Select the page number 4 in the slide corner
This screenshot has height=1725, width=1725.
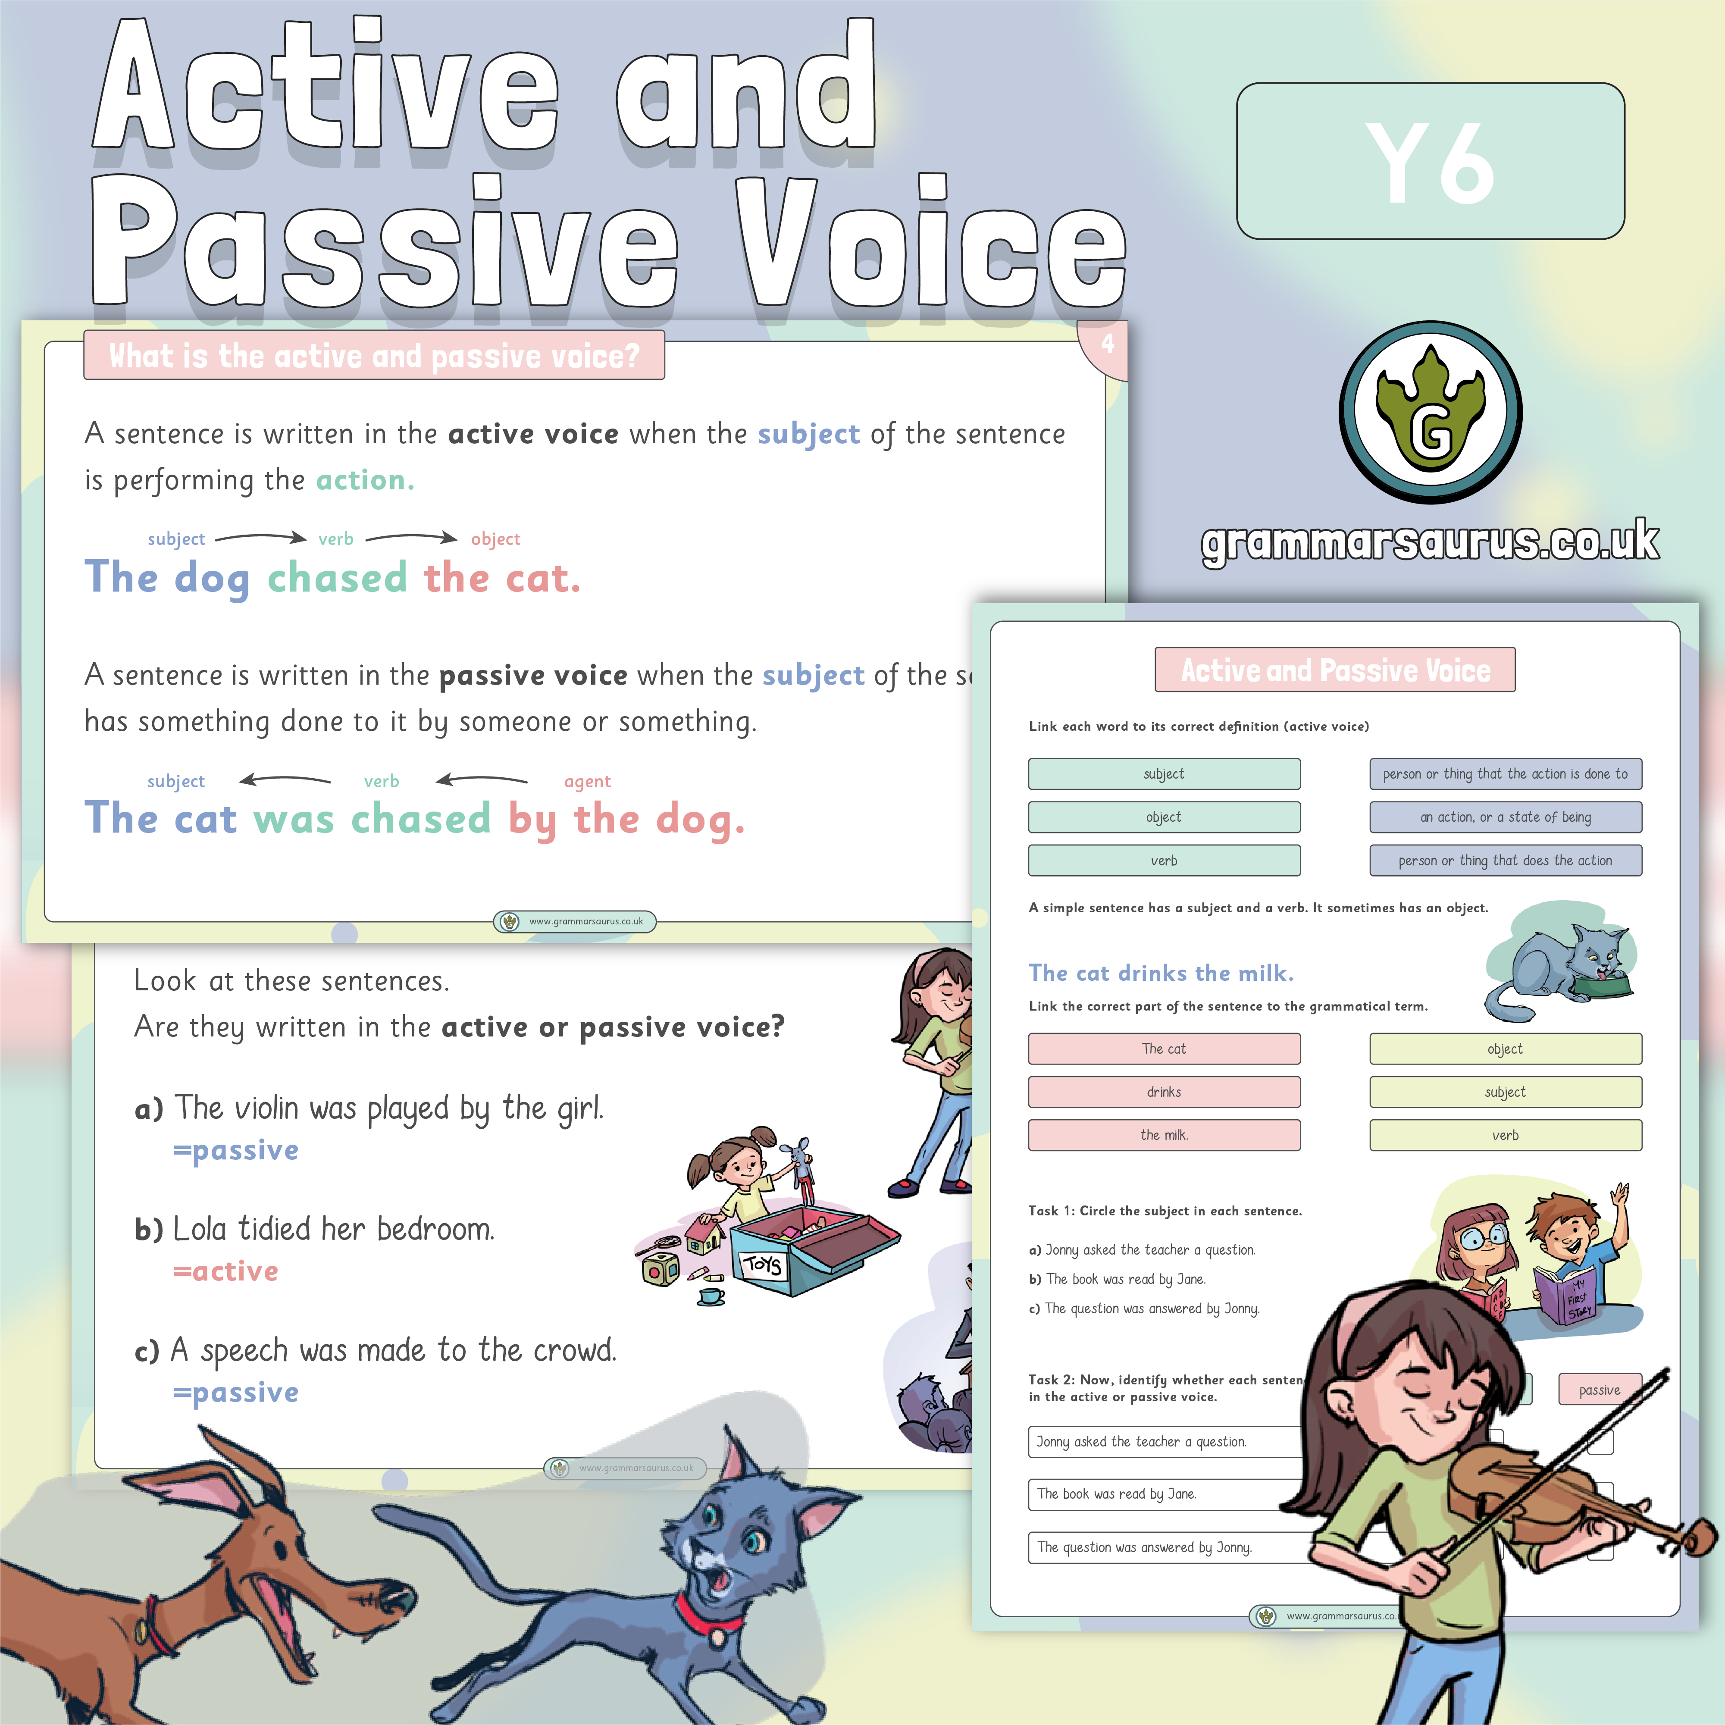(1107, 344)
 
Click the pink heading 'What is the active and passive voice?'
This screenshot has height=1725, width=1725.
(374, 355)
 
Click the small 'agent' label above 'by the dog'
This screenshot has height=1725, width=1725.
(588, 781)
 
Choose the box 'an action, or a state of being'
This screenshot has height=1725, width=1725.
(1506, 817)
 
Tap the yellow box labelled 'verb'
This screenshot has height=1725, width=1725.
(1506, 1135)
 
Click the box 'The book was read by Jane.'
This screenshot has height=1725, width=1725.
(1161, 1494)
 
